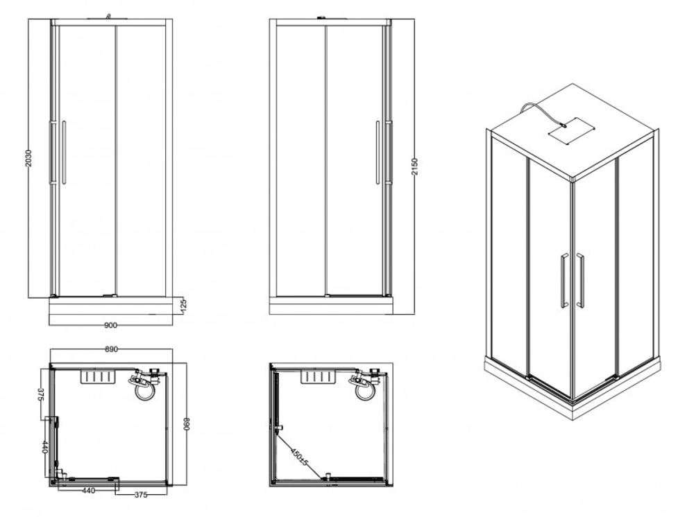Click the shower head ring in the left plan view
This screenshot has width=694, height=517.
[145, 391]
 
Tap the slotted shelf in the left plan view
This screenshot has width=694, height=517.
[96, 378]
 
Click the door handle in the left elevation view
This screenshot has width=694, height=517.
[64, 152]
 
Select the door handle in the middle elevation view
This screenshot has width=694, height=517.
[378, 152]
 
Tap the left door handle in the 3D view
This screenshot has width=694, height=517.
[564, 281]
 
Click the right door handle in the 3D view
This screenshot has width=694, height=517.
[580, 281]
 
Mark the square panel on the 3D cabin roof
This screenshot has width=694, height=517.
[571, 130]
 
